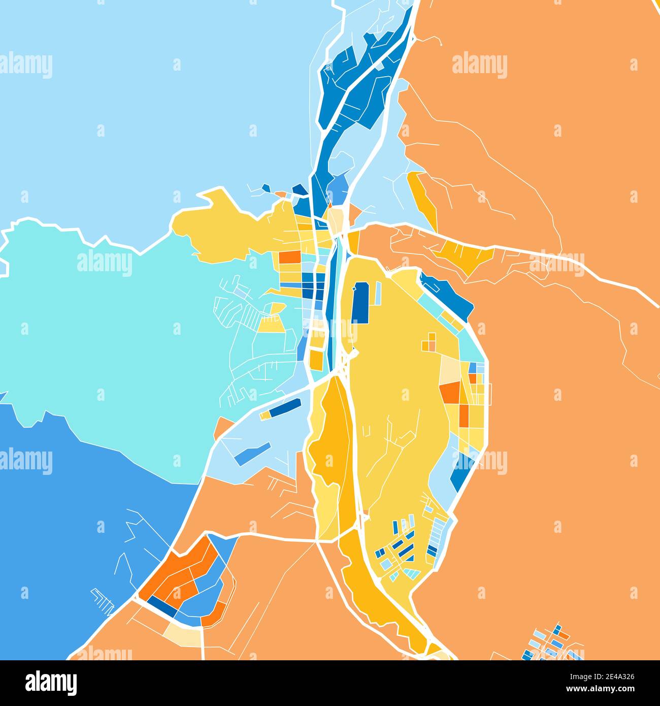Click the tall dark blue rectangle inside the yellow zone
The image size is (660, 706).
pos(360,303)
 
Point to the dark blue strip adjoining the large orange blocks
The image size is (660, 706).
pos(161,605)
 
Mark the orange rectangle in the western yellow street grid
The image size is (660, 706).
pos(289,257)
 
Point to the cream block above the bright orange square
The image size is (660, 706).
pos(449,369)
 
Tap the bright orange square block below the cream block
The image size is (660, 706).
pos(449,393)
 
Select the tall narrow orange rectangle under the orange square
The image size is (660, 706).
pos(464,415)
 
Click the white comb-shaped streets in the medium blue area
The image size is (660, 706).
pos(103,600)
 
